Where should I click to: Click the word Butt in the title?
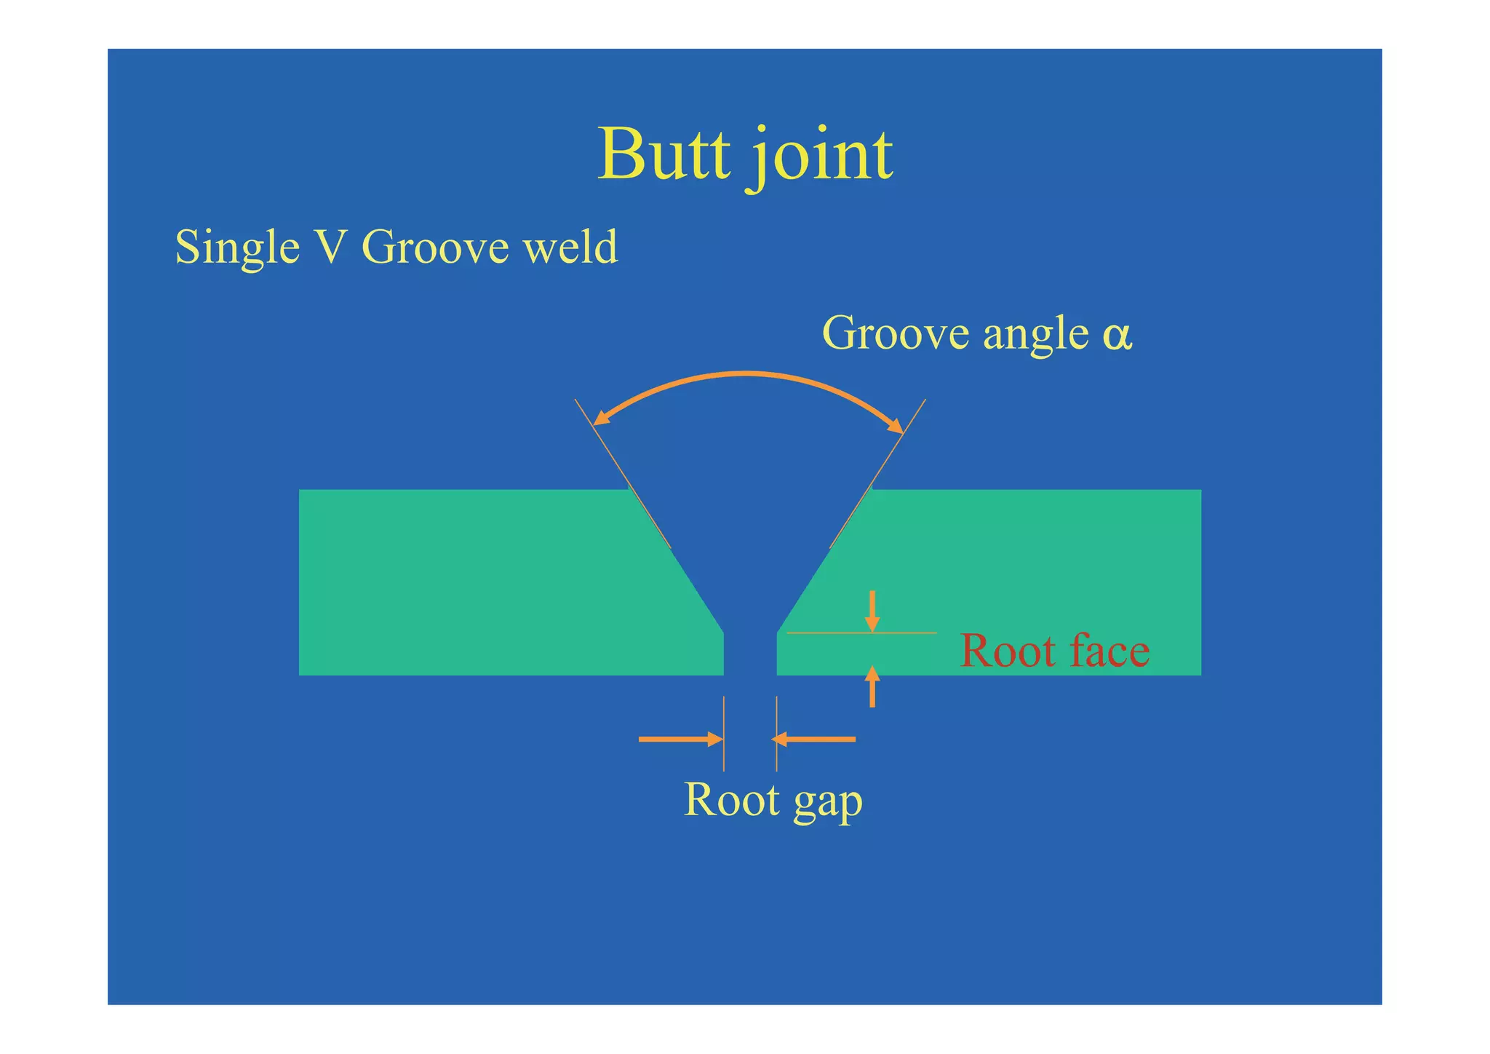[x=664, y=154]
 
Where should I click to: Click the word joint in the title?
[x=822, y=156]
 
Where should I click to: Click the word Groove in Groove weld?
[x=435, y=247]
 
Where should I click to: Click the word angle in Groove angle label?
[x=1036, y=335]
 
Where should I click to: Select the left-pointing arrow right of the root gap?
[x=813, y=740]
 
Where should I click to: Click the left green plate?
[x=473, y=582]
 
